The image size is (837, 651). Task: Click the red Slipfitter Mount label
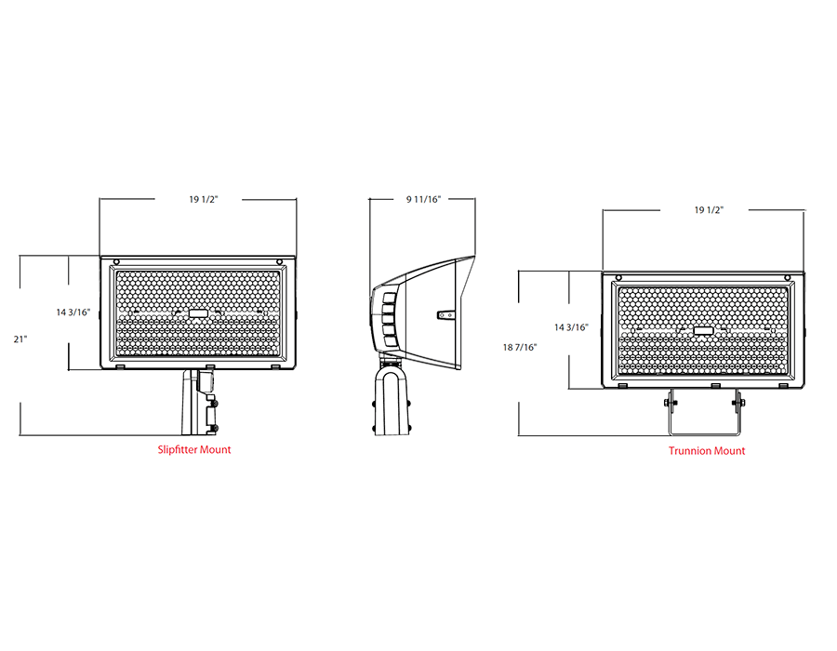tap(194, 449)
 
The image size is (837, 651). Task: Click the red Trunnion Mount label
tap(707, 451)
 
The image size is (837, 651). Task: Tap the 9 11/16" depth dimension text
tap(422, 199)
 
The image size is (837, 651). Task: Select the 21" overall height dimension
tap(20, 339)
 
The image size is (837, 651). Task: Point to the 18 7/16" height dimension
tap(519, 347)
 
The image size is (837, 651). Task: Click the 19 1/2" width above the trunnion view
tap(709, 210)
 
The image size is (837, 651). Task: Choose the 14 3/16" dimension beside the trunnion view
tap(572, 327)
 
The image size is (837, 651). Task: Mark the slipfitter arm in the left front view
tap(200, 402)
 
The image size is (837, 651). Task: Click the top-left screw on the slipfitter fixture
tap(116, 261)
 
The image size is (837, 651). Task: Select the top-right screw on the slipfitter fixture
tap(281, 261)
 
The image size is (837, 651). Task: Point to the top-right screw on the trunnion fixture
tap(787, 276)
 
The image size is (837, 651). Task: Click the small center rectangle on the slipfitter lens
tap(198, 314)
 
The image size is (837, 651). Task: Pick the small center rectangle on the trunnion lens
tap(704, 330)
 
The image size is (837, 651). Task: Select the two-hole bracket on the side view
tap(446, 315)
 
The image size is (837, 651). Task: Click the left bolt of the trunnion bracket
tap(668, 402)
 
